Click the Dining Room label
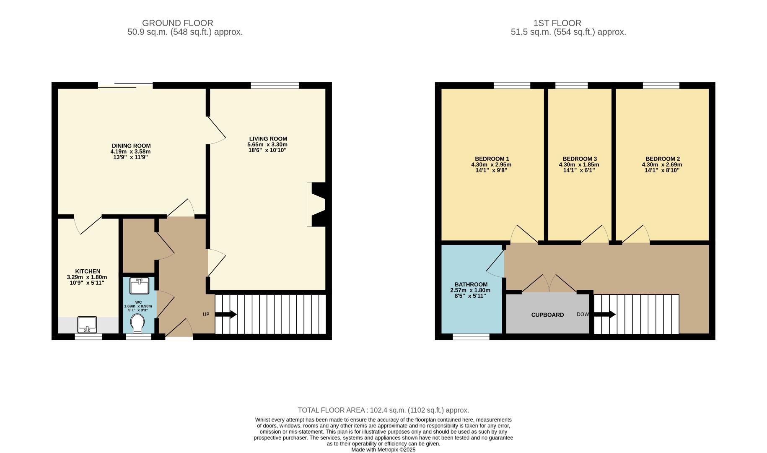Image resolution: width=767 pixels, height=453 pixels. click(131, 146)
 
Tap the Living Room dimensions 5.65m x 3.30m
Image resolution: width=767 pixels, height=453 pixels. click(267, 144)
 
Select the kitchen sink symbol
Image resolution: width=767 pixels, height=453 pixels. click(87, 324)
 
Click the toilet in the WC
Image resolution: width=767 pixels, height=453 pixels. click(137, 323)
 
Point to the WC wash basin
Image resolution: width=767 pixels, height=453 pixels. click(139, 286)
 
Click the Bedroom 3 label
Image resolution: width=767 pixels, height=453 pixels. click(579, 159)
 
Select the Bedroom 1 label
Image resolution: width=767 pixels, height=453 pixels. click(492, 159)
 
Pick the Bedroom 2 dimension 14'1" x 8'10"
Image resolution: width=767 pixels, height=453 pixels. click(662, 170)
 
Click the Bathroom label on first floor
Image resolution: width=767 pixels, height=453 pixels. click(471, 284)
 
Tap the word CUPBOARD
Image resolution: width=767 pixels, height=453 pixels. click(547, 315)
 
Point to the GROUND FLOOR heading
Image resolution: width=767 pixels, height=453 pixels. click(177, 23)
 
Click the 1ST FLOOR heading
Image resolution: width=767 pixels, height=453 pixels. click(557, 23)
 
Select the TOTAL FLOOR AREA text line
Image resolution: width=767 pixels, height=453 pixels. click(383, 410)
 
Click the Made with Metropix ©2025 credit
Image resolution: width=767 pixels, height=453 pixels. click(383, 450)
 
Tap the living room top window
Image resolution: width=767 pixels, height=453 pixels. click(275, 86)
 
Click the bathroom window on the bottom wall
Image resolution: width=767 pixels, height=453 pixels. click(471, 337)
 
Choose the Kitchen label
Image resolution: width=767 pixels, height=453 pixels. click(88, 271)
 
